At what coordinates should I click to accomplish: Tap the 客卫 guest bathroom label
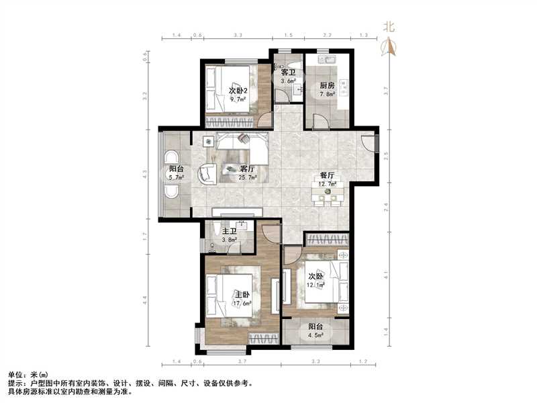coord(289,72)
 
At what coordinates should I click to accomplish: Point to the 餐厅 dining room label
coord(327,176)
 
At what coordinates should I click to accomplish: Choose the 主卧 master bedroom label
coord(242,294)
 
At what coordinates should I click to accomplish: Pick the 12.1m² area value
coord(316,285)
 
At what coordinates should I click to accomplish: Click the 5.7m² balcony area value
coord(177,178)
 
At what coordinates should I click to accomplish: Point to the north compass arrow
coord(388,46)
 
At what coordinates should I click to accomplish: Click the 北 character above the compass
coord(388,27)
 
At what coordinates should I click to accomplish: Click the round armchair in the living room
coord(207,173)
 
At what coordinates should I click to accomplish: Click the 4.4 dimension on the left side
coord(147,304)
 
